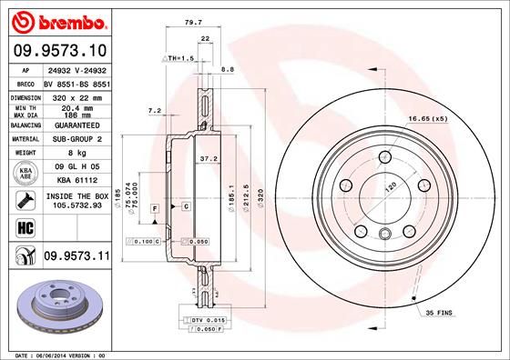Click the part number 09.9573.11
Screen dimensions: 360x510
click(76, 257)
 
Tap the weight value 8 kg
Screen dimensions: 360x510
click(76, 154)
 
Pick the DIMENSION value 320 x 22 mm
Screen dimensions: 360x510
click(76, 95)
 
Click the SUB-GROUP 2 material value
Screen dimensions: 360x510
click(76, 139)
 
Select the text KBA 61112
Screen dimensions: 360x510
click(76, 181)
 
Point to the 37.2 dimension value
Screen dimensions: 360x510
click(209, 158)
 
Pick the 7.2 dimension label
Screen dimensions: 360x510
click(154, 110)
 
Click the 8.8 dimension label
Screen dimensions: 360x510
click(228, 69)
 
